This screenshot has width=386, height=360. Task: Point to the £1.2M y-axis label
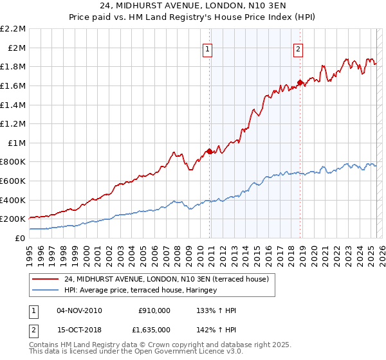pyautogui.click(x=14, y=123)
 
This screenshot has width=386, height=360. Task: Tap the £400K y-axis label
pyautogui.click(x=14, y=200)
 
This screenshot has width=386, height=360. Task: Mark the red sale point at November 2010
pyautogui.click(x=209, y=152)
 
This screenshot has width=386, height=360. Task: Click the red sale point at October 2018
pyautogui.click(x=300, y=82)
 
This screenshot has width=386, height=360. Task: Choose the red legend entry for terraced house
pyautogui.click(x=170, y=279)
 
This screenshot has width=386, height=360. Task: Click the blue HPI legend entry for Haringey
pyautogui.click(x=140, y=290)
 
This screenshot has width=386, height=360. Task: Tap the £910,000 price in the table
pyautogui.click(x=154, y=310)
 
